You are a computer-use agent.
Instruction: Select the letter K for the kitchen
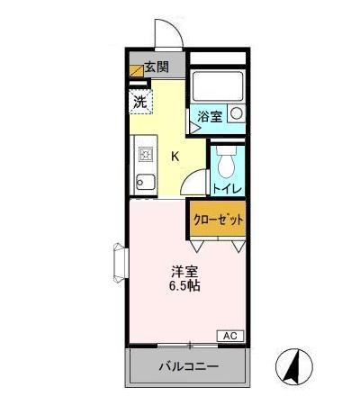click(x=175, y=155)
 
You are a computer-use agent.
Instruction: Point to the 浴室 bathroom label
click(x=211, y=116)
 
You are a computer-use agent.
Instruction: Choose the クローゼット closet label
click(x=219, y=219)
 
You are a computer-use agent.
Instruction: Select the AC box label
click(x=229, y=336)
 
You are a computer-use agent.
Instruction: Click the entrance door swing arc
click(x=168, y=33)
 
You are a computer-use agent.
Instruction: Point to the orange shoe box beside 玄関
click(x=137, y=67)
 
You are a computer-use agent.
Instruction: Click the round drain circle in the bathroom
click(x=236, y=114)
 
